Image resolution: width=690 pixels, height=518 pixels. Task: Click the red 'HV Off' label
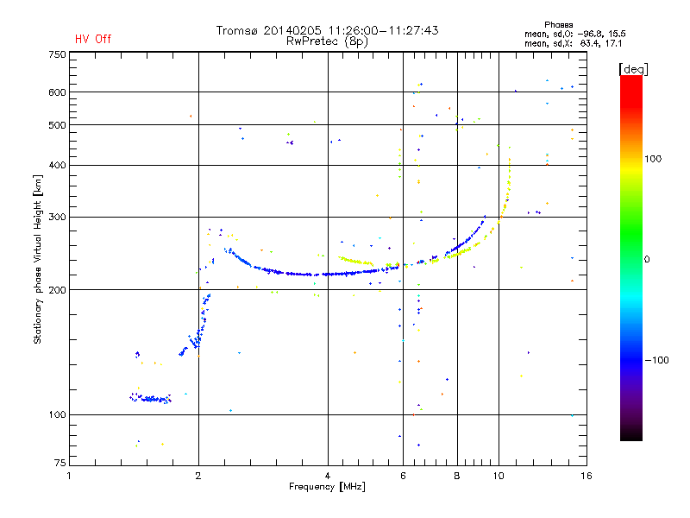click(93, 39)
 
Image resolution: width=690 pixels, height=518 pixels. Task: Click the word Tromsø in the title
click(237, 30)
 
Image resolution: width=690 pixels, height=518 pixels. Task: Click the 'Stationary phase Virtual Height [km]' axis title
click(38, 259)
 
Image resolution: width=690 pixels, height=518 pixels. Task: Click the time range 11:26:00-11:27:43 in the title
click(377, 30)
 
